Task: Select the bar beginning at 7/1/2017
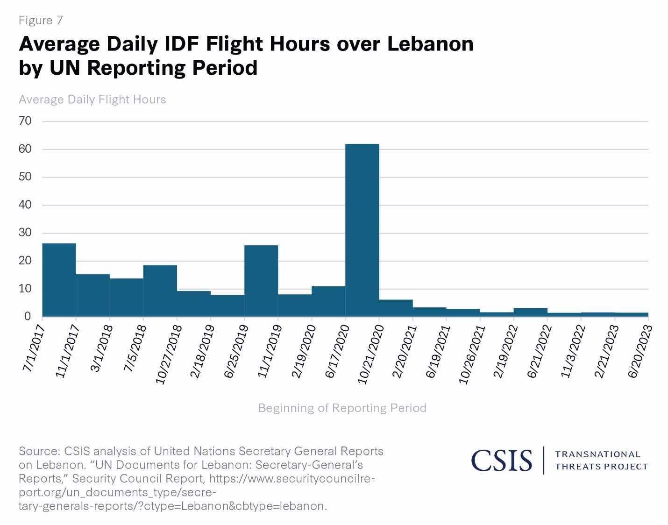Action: pyautogui.click(x=59, y=280)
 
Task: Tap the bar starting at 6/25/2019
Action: pyautogui.click(x=261, y=281)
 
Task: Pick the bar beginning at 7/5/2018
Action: pyautogui.click(x=160, y=291)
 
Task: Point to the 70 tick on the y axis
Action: pyautogui.click(x=25, y=121)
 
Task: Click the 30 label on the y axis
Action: pyautogui.click(x=25, y=233)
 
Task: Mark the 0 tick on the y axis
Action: pyautogui.click(x=27, y=316)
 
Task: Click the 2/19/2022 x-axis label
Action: pyautogui.click(x=505, y=351)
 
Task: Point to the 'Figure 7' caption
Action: pyautogui.click(x=41, y=21)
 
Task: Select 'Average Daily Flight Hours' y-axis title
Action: pyautogui.click(x=92, y=99)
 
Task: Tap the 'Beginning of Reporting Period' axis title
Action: pyautogui.click(x=342, y=408)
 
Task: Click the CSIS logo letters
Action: pyautogui.click(x=501, y=461)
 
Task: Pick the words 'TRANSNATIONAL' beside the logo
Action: pyautogui.click(x=597, y=454)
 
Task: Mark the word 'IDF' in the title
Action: pyautogui.click(x=182, y=44)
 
